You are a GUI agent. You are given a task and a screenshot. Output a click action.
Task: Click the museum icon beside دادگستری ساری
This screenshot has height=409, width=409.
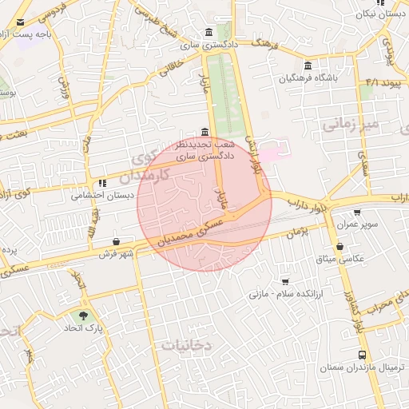[208, 33]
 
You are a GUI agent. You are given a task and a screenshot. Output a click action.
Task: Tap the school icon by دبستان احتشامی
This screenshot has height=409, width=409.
[102, 183]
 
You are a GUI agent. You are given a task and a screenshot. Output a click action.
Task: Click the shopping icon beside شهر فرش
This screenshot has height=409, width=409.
[117, 241]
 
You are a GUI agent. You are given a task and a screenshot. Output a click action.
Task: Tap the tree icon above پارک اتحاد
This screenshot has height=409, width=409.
[83, 316]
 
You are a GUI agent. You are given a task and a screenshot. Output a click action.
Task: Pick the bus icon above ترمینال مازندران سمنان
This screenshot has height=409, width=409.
[363, 355]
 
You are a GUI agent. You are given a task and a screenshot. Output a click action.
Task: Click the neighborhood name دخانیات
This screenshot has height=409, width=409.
[185, 345]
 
